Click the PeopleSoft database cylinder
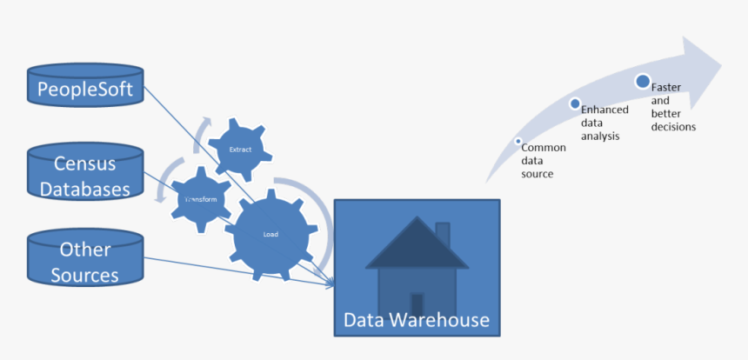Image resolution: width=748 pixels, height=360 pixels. (84, 88)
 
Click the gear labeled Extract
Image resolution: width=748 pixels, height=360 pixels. (239, 150)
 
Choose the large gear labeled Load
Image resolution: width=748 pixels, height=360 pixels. (270, 233)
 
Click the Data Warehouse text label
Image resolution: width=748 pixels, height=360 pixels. (417, 320)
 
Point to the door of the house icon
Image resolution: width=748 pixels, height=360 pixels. (417, 303)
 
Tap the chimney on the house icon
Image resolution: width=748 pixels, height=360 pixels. (442, 234)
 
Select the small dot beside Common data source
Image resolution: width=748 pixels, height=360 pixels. (518, 141)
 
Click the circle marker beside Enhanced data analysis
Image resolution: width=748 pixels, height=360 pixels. (575, 103)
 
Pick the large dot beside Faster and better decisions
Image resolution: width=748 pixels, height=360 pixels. (642, 82)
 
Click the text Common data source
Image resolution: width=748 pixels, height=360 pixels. (543, 161)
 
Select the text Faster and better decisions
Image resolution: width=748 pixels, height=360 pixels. (672, 107)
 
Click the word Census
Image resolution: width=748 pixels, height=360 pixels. (84, 163)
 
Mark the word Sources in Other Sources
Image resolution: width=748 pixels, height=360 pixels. (84, 276)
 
